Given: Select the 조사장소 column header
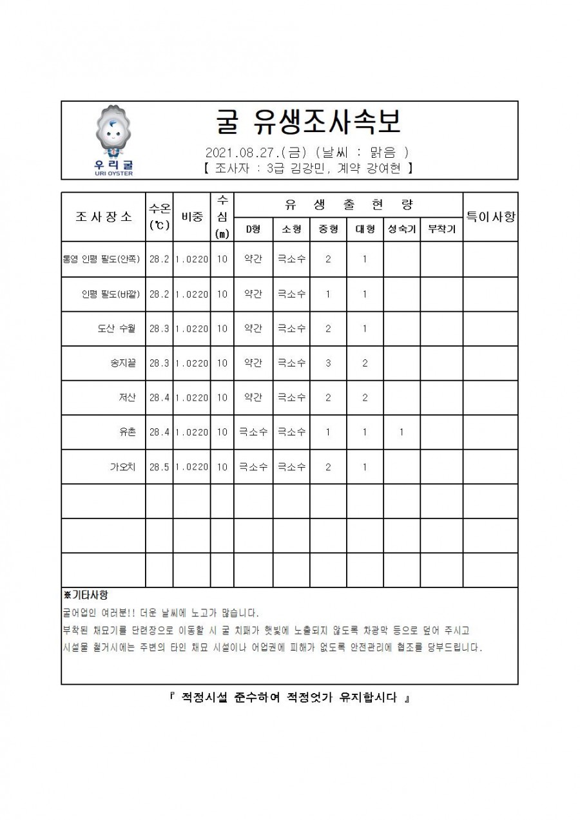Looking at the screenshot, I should (104, 216).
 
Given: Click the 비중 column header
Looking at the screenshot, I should (192, 216).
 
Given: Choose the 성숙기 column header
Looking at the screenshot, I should (401, 229).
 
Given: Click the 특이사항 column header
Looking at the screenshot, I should (490, 216).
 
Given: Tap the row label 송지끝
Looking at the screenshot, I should (123, 363).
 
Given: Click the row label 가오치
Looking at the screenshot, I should (122, 467).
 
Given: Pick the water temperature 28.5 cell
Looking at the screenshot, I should (159, 467).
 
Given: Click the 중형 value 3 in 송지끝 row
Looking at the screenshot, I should (328, 363).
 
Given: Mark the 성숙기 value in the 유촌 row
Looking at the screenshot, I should (401, 432).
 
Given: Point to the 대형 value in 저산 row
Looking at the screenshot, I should (365, 397).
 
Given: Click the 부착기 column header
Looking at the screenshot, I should (441, 229).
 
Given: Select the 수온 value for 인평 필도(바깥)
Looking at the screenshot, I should (159, 294).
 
